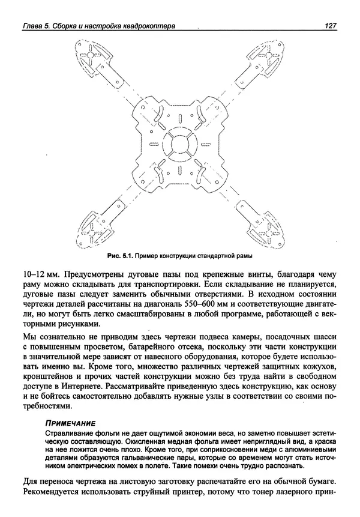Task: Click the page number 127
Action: (x=329, y=26)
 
